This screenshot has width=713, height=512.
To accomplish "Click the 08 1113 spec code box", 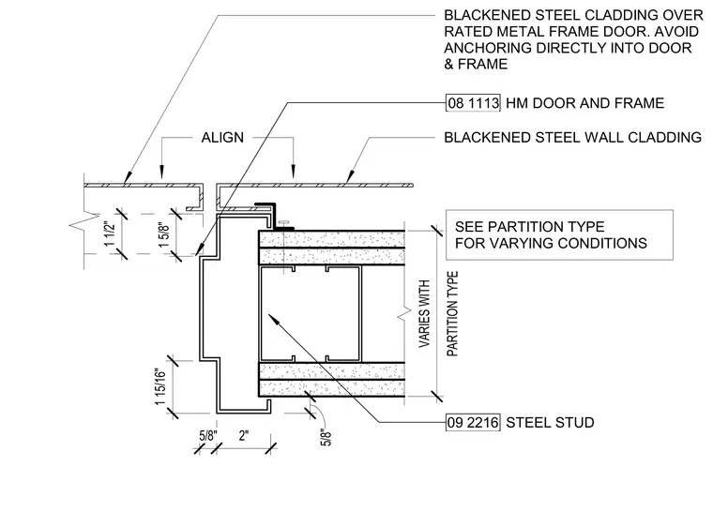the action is [473, 103].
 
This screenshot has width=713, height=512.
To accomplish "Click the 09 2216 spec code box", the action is [473, 422].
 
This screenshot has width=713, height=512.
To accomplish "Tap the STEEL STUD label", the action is [550, 423].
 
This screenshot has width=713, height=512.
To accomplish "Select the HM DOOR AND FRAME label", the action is [584, 103].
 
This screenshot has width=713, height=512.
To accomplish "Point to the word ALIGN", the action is [222, 137].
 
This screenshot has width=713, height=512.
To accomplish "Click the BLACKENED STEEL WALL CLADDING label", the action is [572, 137].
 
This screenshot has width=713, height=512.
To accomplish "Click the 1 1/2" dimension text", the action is [110, 233].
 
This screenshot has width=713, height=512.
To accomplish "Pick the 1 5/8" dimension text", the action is [163, 234].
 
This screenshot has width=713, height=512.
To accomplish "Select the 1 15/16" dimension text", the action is [160, 387].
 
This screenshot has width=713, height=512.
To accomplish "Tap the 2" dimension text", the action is [244, 436].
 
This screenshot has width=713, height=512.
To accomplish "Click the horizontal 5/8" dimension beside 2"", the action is [208, 436].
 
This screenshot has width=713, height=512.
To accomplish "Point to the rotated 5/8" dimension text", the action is [326, 437].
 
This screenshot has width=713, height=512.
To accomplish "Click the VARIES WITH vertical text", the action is [424, 314].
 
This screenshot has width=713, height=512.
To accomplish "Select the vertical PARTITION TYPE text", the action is [452, 314].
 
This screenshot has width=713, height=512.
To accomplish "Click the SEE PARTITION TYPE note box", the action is [559, 235].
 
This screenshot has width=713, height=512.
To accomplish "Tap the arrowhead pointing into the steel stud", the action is [273, 318].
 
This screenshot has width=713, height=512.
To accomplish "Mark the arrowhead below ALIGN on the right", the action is [294, 172].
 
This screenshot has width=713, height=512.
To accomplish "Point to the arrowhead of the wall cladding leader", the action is [349, 176].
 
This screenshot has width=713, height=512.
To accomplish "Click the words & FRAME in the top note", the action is [476, 64].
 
